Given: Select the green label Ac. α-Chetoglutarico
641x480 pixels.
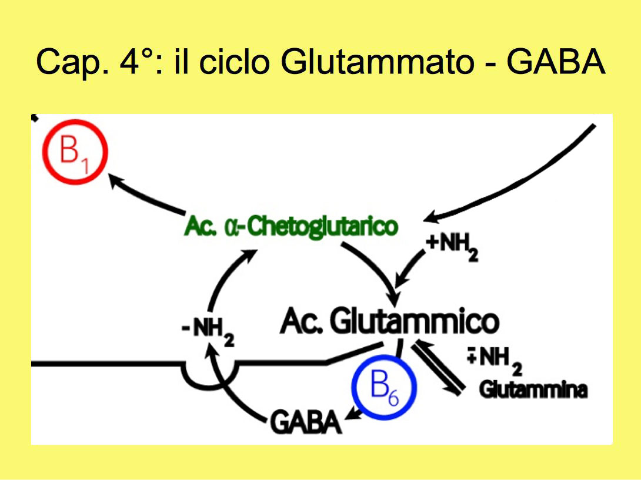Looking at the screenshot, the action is click(291, 226).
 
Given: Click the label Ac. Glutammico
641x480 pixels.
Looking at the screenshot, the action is click(389, 321).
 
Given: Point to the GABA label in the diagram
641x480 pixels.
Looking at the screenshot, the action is click(306, 422).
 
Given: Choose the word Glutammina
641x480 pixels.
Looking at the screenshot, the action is click(533, 390).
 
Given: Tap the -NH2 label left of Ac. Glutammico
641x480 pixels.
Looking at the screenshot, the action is click(208, 332).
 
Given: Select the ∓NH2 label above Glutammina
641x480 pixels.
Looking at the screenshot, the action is click(495, 361).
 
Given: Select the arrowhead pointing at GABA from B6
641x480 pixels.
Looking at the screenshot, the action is click(352, 414).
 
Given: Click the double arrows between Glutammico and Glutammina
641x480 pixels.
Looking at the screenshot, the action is click(438, 368).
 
